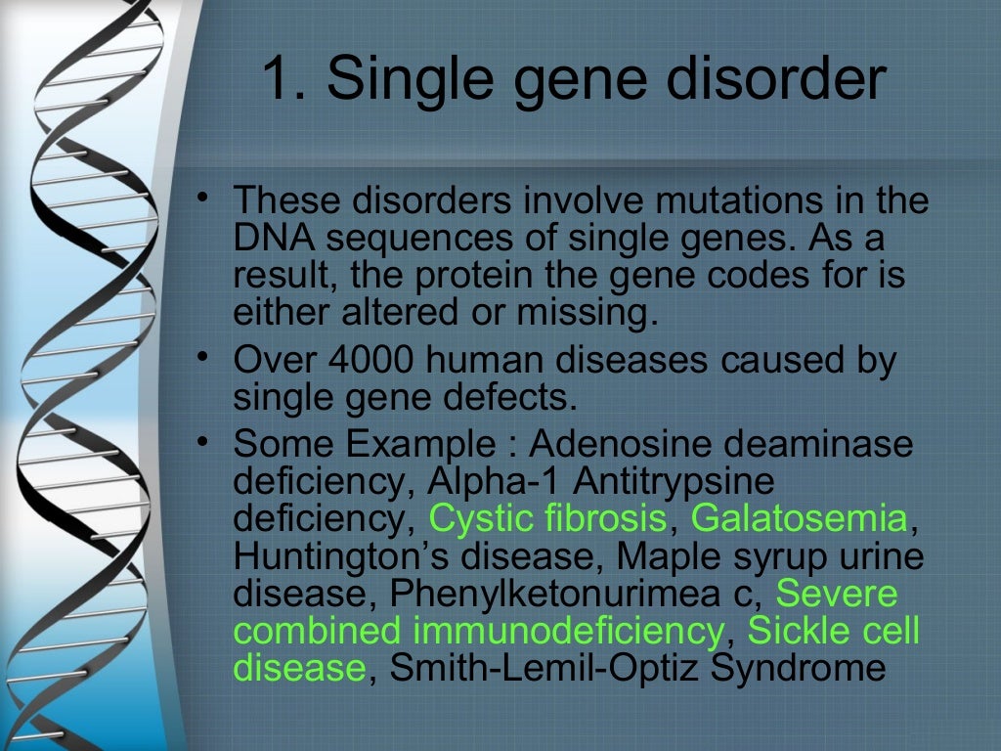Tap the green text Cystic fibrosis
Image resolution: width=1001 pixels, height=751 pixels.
pos(549,519)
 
